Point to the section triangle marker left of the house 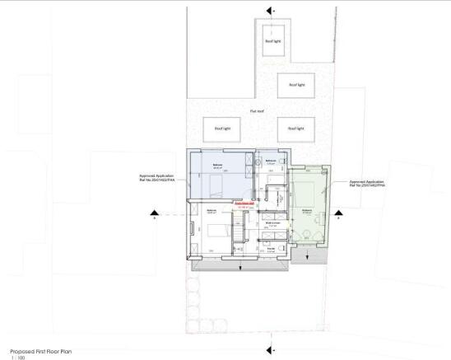click(155, 217)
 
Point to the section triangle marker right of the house click(337, 217)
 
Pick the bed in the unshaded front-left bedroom click(217, 231)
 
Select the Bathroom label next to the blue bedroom click(269, 161)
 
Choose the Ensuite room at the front click(271, 248)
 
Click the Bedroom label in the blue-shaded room click(219, 166)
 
